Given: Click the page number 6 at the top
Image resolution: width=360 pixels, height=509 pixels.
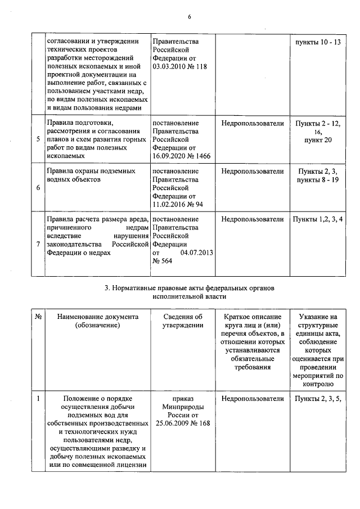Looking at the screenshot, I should (189, 16).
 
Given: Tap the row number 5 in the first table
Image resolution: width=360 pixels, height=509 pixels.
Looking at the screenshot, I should (38, 139).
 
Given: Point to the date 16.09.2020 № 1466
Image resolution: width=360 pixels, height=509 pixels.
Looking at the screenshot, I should (181, 156).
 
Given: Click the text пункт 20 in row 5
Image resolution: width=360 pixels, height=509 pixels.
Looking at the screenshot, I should (318, 139).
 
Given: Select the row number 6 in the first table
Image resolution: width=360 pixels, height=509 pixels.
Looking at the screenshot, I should (38, 187).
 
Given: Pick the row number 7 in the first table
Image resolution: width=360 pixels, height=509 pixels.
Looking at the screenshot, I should (38, 244).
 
